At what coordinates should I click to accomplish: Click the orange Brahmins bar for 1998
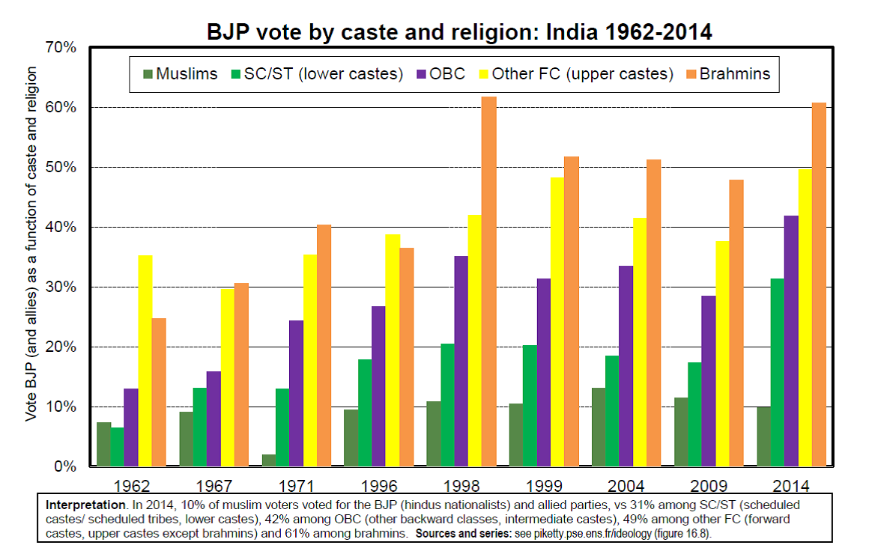coord(489,281)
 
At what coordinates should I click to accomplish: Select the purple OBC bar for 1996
coord(379,386)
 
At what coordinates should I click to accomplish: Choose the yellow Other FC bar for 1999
coord(557,322)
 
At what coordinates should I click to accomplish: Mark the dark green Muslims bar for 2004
coord(599,427)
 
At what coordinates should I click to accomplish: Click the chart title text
coord(459,31)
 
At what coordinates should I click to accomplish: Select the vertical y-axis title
coord(31,243)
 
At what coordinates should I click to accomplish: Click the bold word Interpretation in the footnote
coord(82,505)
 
